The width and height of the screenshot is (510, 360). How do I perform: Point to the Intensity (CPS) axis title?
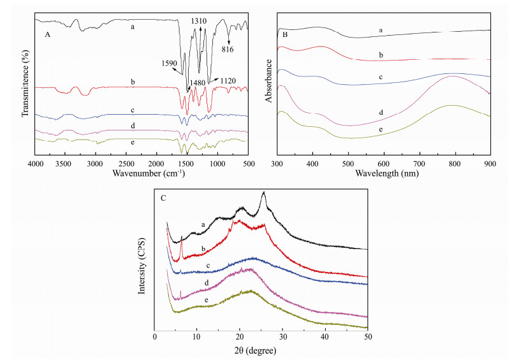[x=143, y=262]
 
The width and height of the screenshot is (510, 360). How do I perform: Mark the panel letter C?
[x=164, y=199]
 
